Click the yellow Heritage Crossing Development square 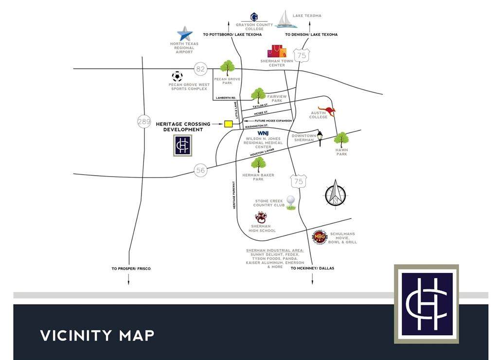[x=228, y=124]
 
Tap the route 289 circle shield [x=144, y=122]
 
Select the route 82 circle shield [x=200, y=69]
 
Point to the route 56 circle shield [x=200, y=170]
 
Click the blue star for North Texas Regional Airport [x=184, y=34]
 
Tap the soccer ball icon [x=177, y=76]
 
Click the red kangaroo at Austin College [x=327, y=111]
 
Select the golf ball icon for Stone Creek [x=291, y=202]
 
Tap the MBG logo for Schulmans [x=319, y=237]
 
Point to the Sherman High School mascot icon [x=261, y=217]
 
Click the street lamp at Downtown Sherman [x=320, y=138]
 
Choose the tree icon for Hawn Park [x=341, y=140]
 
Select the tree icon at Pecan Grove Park [x=227, y=68]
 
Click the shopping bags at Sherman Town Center [x=276, y=51]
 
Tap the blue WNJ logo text [x=263, y=133]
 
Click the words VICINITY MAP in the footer [x=97, y=335]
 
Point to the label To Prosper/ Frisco [x=131, y=269]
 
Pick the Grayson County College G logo [x=254, y=17]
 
